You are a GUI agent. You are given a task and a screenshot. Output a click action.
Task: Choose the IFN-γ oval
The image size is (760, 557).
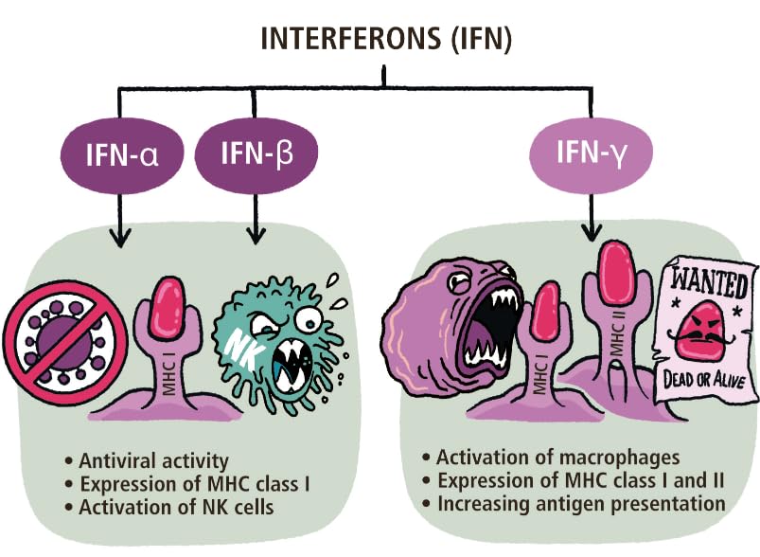click(x=592, y=150)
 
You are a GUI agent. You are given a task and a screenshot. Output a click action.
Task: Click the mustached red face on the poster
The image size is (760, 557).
click(x=705, y=332)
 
